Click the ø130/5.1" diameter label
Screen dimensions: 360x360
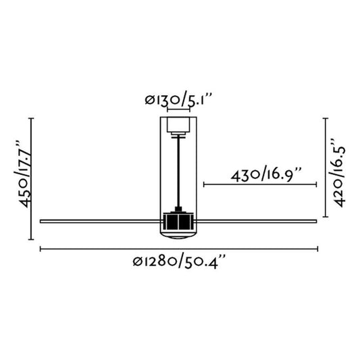click(179, 101)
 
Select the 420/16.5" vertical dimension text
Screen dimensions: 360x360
click(340, 168)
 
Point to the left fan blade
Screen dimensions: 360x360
click(101, 220)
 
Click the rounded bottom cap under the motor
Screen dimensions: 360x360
click(179, 234)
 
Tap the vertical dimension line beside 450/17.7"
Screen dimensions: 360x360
click(32, 179)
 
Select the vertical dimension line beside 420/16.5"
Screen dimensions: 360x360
click(326, 168)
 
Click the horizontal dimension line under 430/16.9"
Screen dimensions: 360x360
click(260, 183)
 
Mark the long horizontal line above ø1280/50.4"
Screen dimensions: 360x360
click(179, 250)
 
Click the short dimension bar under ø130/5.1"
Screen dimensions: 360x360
click(179, 111)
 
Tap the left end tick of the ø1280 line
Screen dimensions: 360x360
click(41, 250)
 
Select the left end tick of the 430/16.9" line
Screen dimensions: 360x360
click(203, 183)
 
